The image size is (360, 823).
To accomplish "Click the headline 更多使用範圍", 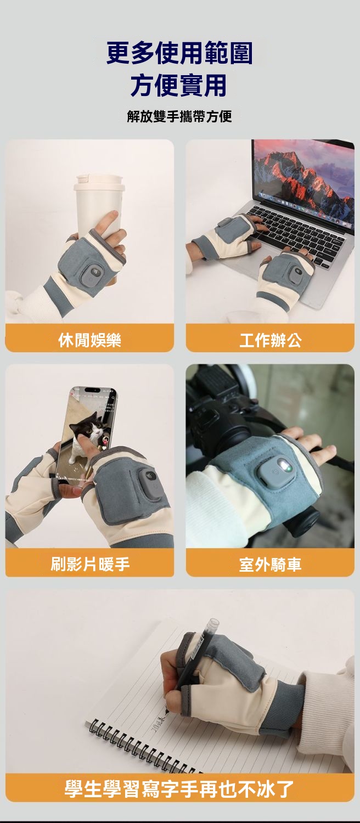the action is click(x=179, y=53).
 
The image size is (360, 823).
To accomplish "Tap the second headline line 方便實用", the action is click(x=179, y=85).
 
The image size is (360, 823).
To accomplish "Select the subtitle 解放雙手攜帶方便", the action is click(x=179, y=116).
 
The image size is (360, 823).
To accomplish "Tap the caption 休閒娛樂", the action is click(x=89, y=340).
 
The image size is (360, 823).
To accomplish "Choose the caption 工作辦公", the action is click(x=271, y=340).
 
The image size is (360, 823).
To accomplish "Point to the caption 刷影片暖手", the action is click(x=89, y=563).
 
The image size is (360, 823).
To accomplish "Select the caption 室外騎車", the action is click(x=271, y=565).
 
